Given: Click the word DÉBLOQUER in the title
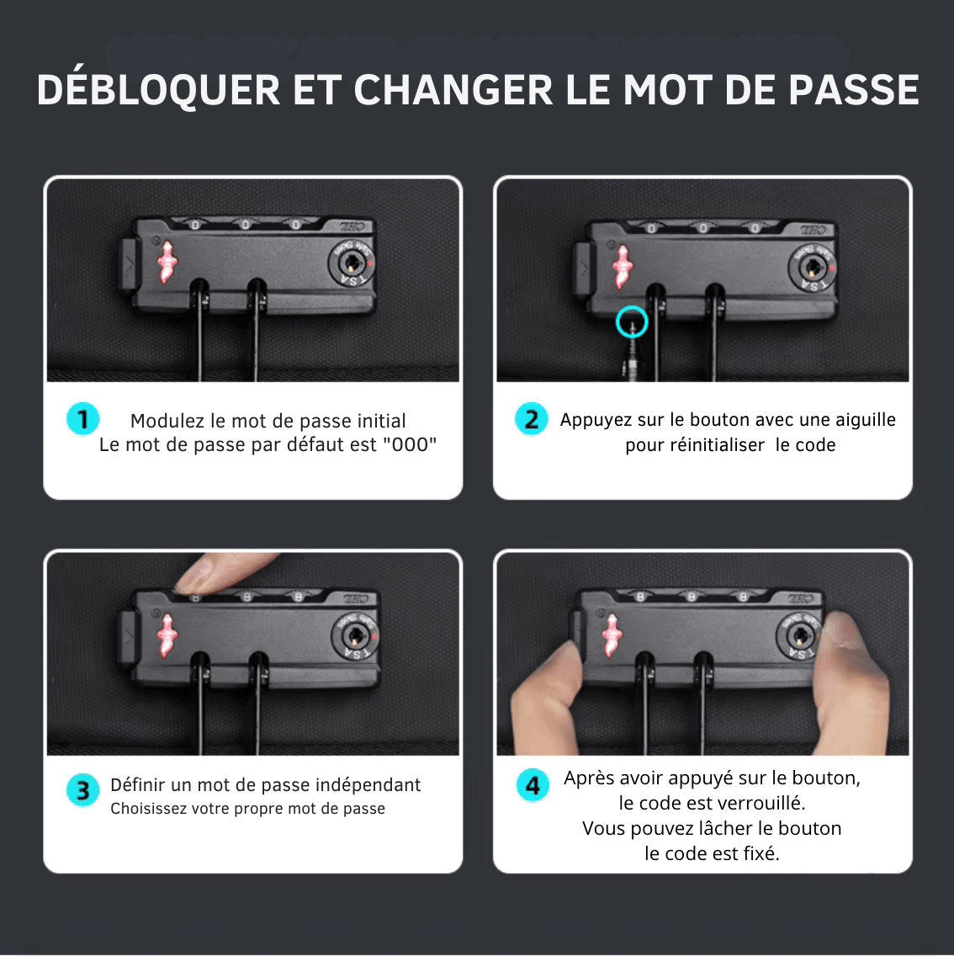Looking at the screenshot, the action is point(158,89).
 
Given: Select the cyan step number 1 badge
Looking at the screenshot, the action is point(83,419).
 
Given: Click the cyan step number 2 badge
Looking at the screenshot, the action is point(532,419).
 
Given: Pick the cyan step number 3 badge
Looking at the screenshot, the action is point(83,790).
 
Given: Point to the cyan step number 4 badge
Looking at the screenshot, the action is point(533,785).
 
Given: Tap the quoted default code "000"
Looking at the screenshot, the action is point(410,444).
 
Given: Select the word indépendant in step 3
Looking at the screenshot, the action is point(368,784).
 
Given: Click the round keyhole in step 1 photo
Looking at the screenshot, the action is point(352,263).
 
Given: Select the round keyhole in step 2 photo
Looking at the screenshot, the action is point(812,267).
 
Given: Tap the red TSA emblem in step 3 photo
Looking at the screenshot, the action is point(167,635).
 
